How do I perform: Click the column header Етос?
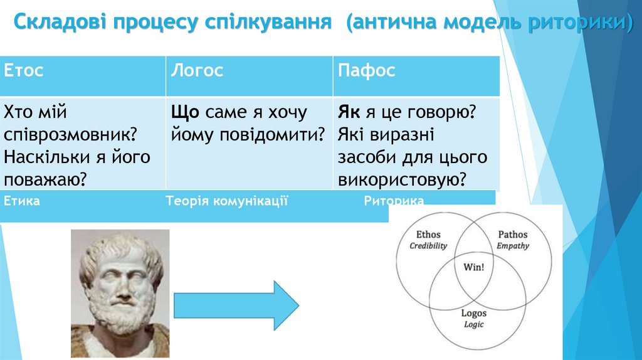point(24,70)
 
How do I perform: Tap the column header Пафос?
point(367,70)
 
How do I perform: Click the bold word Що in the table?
point(185,113)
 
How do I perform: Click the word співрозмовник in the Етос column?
point(71,135)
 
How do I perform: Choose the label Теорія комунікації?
point(227,201)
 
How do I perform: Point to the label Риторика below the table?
point(394,201)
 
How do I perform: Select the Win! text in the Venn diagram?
point(473,266)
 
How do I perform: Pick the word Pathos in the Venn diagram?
point(513,235)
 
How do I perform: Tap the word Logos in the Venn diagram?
point(474,313)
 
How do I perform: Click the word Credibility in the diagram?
point(428,246)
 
